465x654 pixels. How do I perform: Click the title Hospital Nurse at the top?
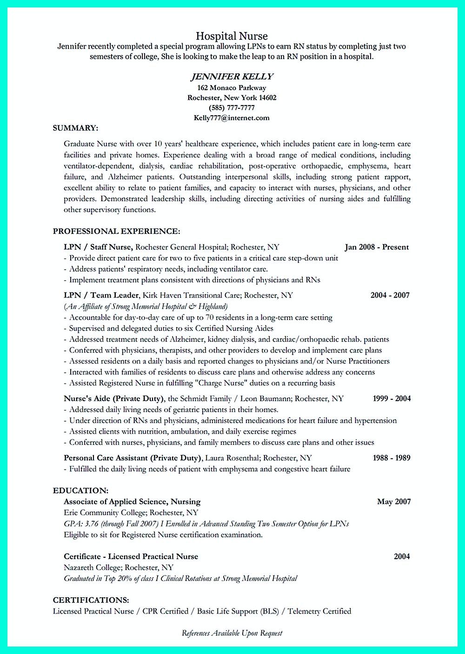pyautogui.click(x=232, y=36)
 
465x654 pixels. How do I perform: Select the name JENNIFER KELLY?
pyautogui.click(x=232, y=76)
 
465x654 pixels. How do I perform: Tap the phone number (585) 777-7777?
pyautogui.click(x=232, y=108)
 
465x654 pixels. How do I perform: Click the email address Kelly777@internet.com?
pyautogui.click(x=232, y=118)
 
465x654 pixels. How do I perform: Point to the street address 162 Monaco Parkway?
pyautogui.click(x=232, y=87)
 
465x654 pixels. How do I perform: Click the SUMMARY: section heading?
pyautogui.click(x=75, y=128)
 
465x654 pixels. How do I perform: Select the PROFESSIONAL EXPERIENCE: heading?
pyautogui.click(x=116, y=231)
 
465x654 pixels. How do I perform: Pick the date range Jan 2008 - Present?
pyautogui.click(x=377, y=247)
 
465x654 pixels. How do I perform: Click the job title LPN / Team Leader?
pyautogui.click(x=101, y=295)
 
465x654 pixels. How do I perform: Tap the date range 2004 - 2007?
pyautogui.click(x=390, y=295)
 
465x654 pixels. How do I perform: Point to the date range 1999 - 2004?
pyautogui.click(x=392, y=398)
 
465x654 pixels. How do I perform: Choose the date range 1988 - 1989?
pyautogui.click(x=392, y=458)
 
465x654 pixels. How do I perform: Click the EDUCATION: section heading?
pyautogui.click(x=80, y=490)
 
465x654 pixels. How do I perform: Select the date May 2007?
pyautogui.click(x=394, y=502)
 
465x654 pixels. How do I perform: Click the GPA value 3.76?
pyautogui.click(x=87, y=524)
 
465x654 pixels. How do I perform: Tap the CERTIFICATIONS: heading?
pyautogui.click(x=91, y=600)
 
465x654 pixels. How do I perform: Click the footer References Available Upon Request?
pyautogui.click(x=232, y=633)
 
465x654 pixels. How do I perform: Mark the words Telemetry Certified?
pyautogui.click(x=319, y=611)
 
